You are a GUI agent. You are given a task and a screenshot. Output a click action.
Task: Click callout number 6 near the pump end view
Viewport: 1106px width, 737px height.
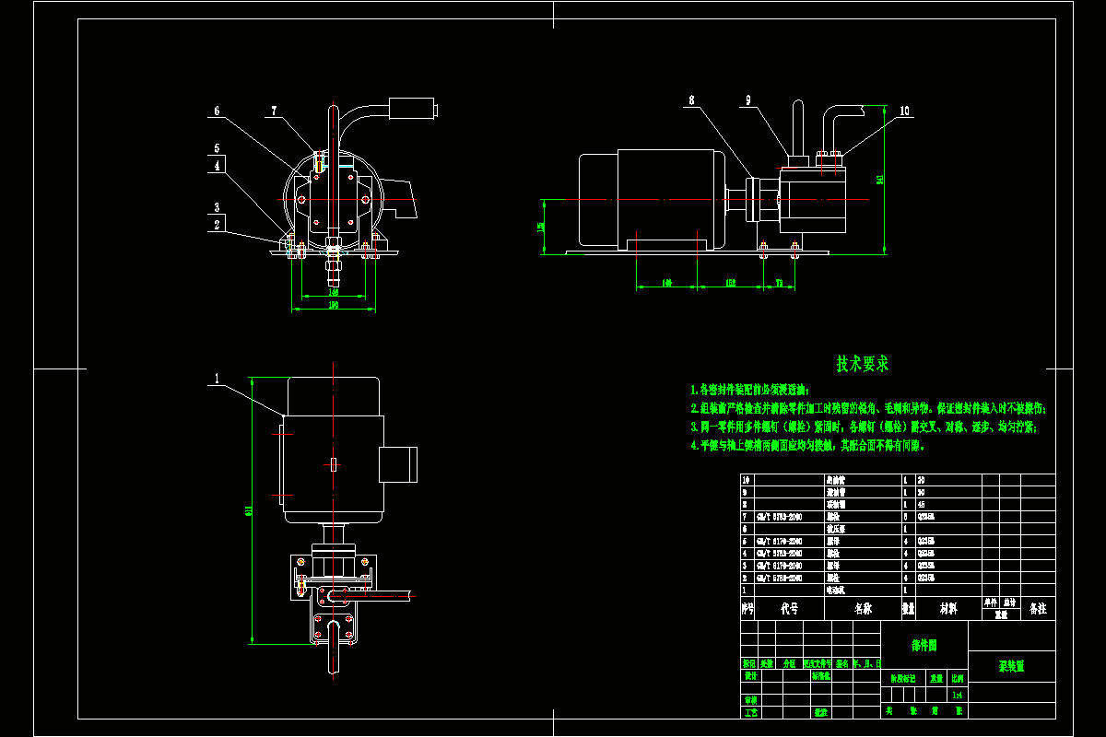[218, 111]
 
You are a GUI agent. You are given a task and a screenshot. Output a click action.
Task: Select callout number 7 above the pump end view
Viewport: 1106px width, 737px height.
[273, 111]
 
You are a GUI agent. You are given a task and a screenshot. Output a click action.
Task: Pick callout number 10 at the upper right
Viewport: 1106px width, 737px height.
[904, 111]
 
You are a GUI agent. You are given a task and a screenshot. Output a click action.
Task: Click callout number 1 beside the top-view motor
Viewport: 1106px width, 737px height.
[217, 378]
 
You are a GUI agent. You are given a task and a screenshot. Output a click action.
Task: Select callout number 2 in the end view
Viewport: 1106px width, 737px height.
[217, 224]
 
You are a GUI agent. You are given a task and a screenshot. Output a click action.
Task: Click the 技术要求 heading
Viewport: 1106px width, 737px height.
[863, 364]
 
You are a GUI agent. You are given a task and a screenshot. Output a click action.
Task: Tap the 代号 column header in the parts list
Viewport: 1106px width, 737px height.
[789, 609]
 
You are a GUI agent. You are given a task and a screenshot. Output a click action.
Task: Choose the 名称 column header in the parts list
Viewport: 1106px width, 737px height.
[863, 609]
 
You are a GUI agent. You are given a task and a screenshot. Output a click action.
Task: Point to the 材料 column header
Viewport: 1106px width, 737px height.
[947, 609]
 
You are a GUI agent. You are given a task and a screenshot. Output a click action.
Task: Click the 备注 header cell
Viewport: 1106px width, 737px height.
[1038, 609]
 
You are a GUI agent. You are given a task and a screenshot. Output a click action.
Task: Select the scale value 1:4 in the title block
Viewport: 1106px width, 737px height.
[959, 695]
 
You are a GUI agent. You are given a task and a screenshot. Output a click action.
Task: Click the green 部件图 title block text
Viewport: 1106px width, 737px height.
[924, 646]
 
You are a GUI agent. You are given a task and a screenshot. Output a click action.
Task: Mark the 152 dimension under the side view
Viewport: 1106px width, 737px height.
[730, 283]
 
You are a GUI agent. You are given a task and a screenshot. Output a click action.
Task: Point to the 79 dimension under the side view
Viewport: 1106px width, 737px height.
[779, 283]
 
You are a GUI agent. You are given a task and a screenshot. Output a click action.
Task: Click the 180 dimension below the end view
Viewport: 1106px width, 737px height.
[333, 304]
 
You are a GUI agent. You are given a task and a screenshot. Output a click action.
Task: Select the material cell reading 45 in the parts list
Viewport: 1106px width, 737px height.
[921, 505]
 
